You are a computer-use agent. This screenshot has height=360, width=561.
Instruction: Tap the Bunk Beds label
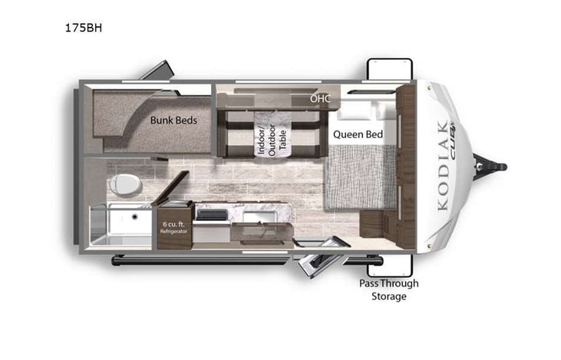[x=173, y=120]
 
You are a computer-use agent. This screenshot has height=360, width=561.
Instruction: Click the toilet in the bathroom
[x=124, y=184]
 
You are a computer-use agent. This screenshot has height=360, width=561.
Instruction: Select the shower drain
[x=135, y=216]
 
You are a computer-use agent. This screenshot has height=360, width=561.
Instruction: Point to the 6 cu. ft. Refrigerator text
[x=173, y=226]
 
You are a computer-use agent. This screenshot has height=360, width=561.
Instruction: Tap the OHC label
[x=319, y=99]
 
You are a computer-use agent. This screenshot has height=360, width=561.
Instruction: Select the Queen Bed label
[x=358, y=134]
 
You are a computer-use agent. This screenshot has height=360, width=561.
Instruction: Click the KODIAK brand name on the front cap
[x=442, y=166]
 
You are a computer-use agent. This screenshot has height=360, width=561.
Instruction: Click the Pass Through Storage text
[x=389, y=289]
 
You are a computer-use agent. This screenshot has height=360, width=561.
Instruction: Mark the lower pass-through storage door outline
[x=389, y=265]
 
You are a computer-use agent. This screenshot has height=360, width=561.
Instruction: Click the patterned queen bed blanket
[x=361, y=177]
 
